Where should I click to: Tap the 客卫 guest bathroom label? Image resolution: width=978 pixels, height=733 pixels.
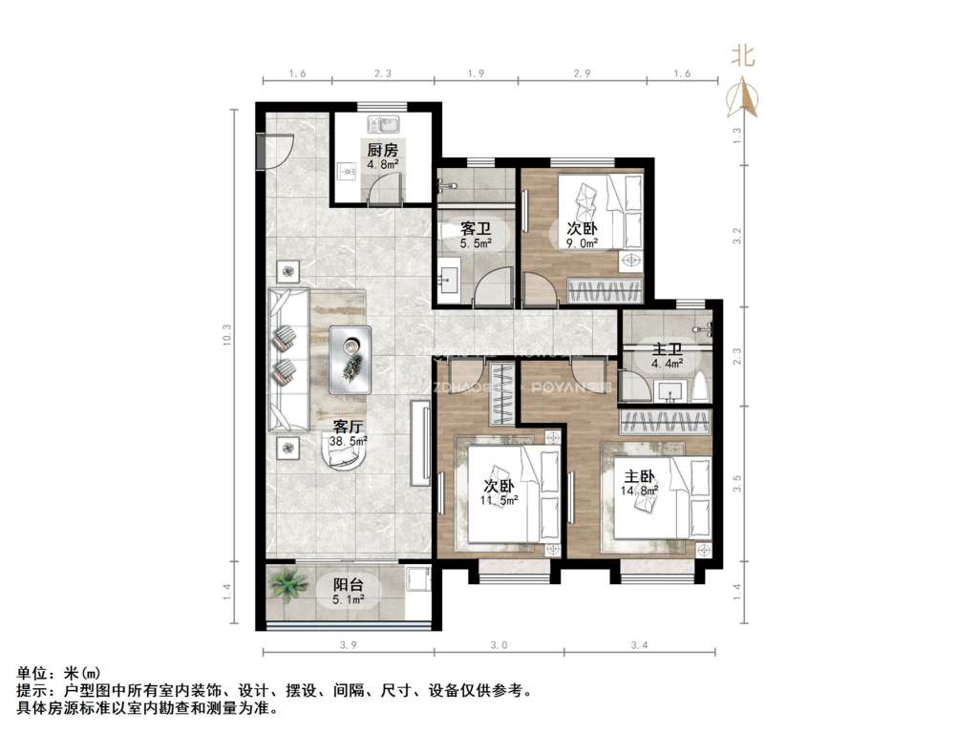[x=475, y=230]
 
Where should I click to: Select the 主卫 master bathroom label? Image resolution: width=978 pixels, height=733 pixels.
[x=666, y=349]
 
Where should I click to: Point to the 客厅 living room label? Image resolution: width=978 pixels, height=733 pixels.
[x=350, y=428]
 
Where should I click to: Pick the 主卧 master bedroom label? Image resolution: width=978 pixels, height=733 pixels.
[x=640, y=476]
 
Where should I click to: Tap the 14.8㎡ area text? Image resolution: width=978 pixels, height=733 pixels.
[x=640, y=492]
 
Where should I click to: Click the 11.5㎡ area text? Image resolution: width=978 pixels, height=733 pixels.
[x=500, y=500]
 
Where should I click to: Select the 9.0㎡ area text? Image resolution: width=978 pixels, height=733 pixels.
[x=583, y=243]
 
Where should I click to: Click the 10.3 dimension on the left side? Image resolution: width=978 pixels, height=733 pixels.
[x=227, y=337]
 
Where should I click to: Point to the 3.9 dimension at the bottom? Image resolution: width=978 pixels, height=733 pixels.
[x=348, y=646]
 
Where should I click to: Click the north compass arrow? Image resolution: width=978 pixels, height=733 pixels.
[x=743, y=95]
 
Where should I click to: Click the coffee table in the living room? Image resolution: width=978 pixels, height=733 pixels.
[x=351, y=359]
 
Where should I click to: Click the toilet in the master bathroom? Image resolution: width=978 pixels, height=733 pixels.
[x=702, y=386]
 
